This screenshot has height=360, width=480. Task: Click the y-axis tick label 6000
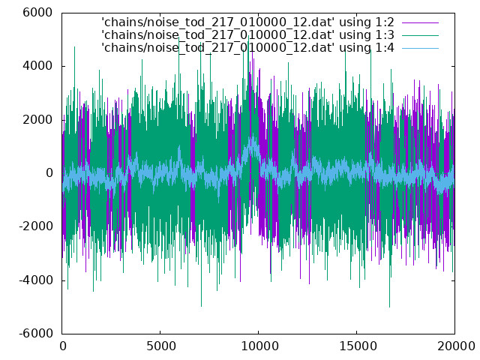pos(37,13)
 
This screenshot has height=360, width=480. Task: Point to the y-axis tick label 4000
pos(37,66)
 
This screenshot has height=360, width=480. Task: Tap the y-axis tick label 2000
pos(37,120)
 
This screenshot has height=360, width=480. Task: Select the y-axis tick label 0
pos(49,173)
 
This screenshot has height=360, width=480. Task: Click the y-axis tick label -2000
pos(36,226)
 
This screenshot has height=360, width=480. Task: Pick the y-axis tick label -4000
pos(36,280)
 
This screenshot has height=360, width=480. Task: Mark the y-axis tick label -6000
pos(36,333)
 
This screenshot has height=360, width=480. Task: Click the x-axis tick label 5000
pos(160,346)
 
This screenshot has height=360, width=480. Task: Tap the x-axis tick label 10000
pos(259,346)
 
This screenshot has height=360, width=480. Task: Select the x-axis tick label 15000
pos(358,346)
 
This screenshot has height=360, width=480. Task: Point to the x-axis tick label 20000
pos(456,346)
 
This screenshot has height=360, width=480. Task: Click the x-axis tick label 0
pos(63,346)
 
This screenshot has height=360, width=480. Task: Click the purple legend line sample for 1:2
pos(420,22)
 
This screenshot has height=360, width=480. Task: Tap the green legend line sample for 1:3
pos(420,35)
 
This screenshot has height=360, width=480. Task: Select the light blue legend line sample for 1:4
pos(420,48)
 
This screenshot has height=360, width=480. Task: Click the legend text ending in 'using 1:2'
pos(248,22)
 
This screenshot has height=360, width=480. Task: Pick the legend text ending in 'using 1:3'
pos(248,35)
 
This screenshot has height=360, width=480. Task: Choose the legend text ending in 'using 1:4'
pos(248,48)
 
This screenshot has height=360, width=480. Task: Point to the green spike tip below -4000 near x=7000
pos(201,306)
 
